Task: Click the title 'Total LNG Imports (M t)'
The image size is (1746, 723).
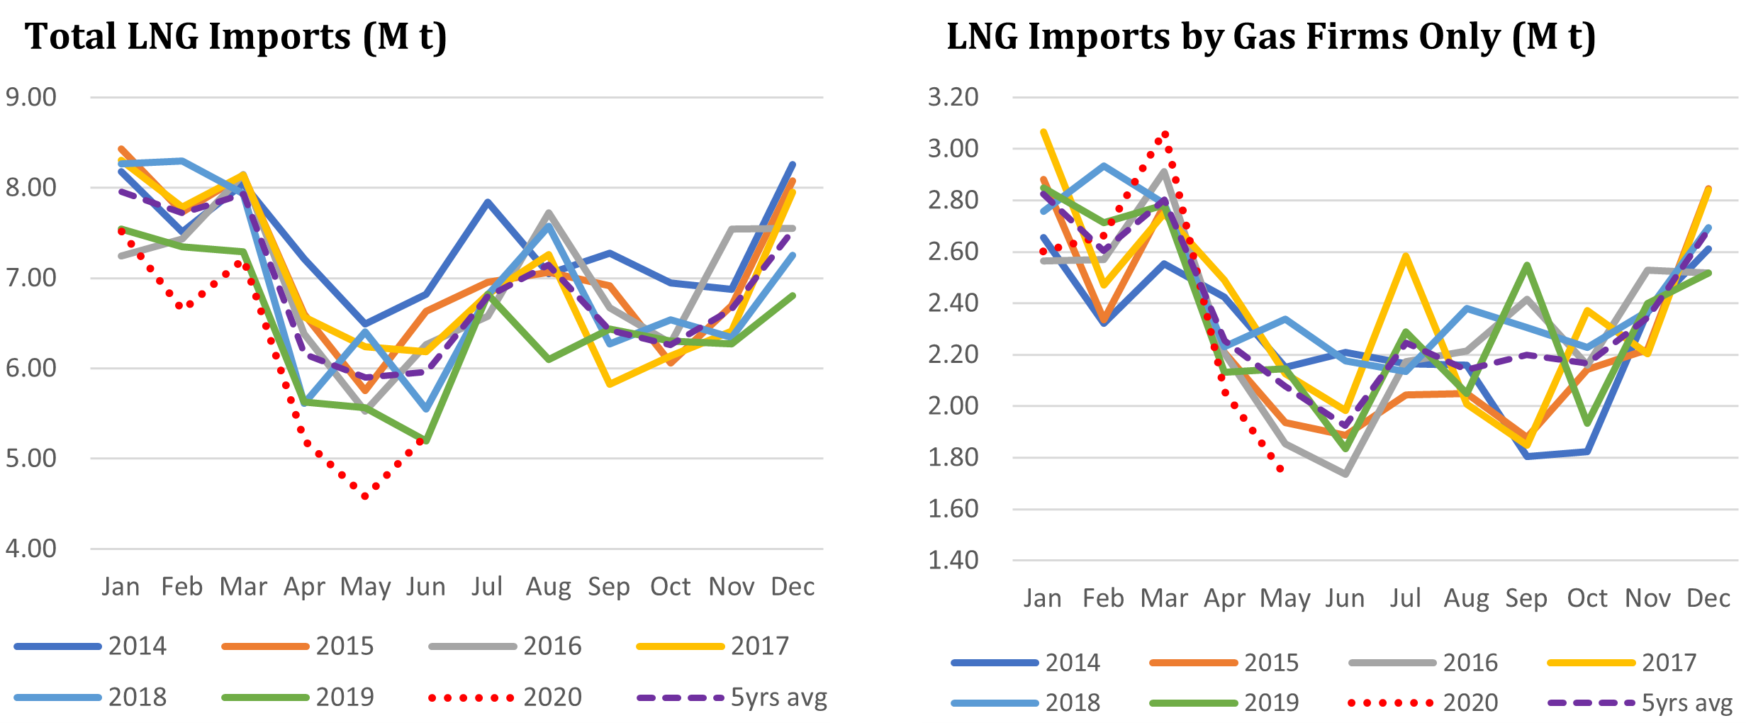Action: pyautogui.click(x=236, y=37)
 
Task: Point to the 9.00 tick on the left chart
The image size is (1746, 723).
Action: pyautogui.click(x=31, y=97)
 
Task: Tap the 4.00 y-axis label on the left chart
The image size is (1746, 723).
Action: pyautogui.click(x=31, y=549)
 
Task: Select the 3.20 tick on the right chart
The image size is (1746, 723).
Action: pyautogui.click(x=953, y=97)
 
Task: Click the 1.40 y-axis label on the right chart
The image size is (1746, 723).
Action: pyautogui.click(x=953, y=561)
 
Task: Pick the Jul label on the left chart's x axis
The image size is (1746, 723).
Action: pyautogui.click(x=487, y=587)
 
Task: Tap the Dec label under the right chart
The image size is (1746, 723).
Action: pyautogui.click(x=1708, y=599)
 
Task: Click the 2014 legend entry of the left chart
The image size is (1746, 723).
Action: pyautogui.click(x=91, y=646)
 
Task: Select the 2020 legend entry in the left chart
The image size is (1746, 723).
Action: pyautogui.click(x=505, y=697)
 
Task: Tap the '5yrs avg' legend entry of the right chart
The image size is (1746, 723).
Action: pyautogui.click(x=1640, y=703)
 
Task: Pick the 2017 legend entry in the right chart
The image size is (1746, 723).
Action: pyautogui.click(x=1623, y=663)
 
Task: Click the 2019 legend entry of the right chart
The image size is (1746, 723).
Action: pyautogui.click(x=1225, y=703)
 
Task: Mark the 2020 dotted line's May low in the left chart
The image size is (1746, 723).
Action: pyautogui.click(x=365, y=496)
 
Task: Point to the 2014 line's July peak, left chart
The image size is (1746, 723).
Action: pyautogui.click(x=488, y=202)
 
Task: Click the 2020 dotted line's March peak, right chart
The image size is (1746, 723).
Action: pyautogui.click(x=1165, y=133)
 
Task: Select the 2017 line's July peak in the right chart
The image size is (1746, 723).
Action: pyautogui.click(x=1405, y=255)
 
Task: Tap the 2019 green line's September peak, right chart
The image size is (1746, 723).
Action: pyautogui.click(x=1526, y=265)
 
